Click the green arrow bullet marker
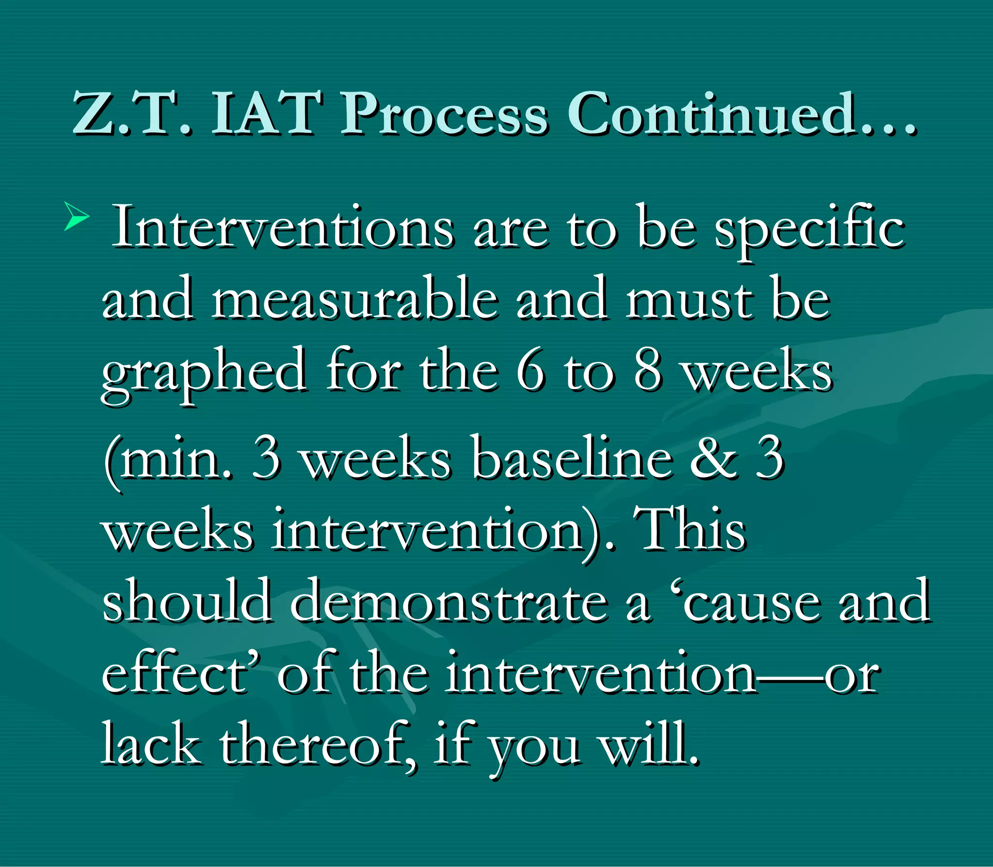tap(77, 217)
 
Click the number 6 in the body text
tap(530, 371)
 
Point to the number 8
tap(648, 371)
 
